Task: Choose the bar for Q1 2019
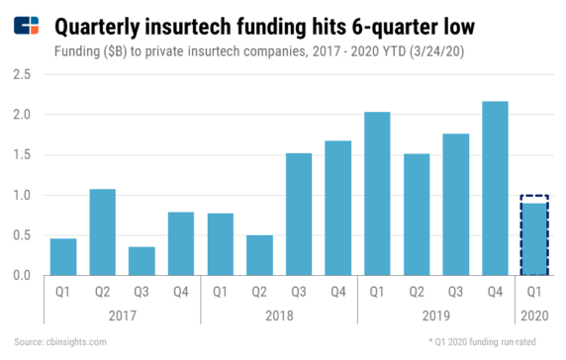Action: coord(375,194)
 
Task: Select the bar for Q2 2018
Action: coord(258,255)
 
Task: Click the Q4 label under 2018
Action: coord(336,291)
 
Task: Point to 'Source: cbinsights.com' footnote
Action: coord(60,342)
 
